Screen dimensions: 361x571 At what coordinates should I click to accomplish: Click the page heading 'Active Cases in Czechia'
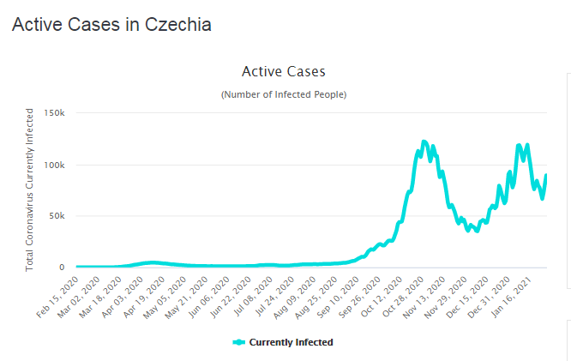111,25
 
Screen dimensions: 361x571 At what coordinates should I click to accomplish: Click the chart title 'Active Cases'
284,71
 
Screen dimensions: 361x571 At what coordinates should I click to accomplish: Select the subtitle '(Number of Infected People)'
284,93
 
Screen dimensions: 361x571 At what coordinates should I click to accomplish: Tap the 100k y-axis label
57,165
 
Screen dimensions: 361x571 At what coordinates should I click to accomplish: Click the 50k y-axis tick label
59,216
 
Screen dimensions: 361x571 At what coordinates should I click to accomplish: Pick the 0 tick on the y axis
63,268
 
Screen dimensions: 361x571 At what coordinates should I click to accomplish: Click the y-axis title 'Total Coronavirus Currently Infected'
30,190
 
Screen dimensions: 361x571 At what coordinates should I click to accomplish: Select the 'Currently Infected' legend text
291,342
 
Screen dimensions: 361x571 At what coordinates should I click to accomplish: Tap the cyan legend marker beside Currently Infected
239,342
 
